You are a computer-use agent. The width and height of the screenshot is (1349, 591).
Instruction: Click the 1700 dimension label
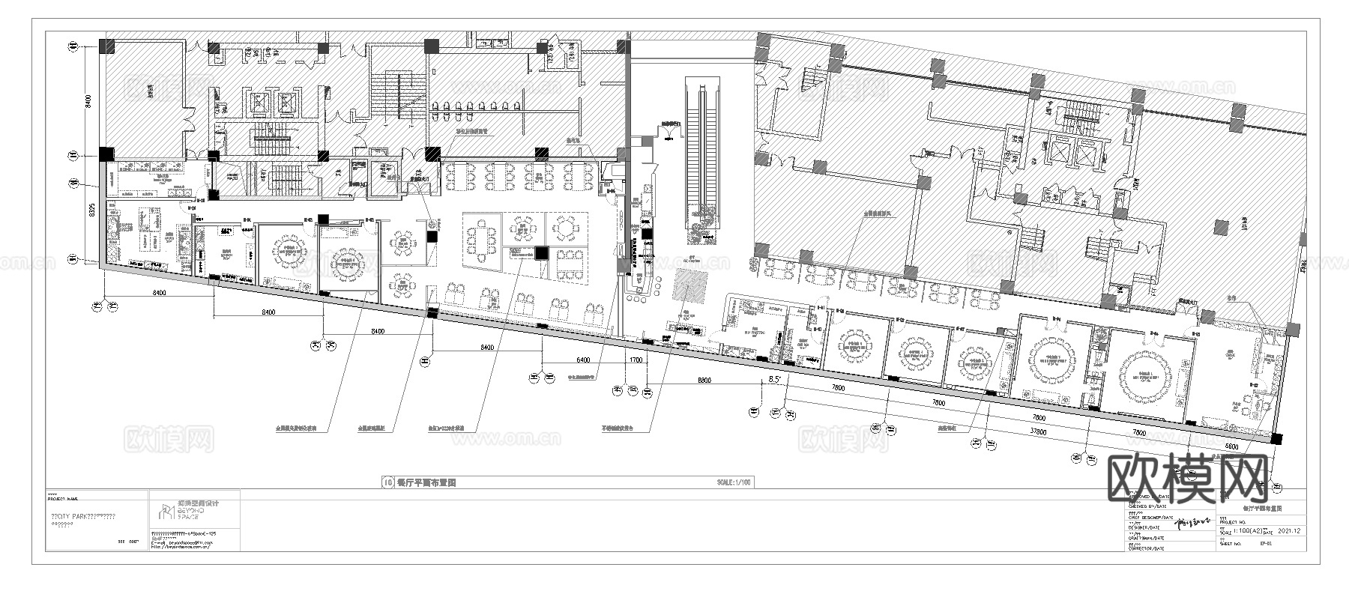(636, 360)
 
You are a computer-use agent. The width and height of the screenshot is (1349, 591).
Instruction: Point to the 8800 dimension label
(704, 381)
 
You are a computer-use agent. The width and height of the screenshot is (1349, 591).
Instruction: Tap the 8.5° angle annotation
(776, 380)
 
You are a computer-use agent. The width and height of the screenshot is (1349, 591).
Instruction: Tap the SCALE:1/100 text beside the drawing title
(734, 483)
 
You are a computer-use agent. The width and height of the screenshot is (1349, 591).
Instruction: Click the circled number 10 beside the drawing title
(387, 483)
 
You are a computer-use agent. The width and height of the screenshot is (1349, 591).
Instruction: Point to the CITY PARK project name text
(82, 517)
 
